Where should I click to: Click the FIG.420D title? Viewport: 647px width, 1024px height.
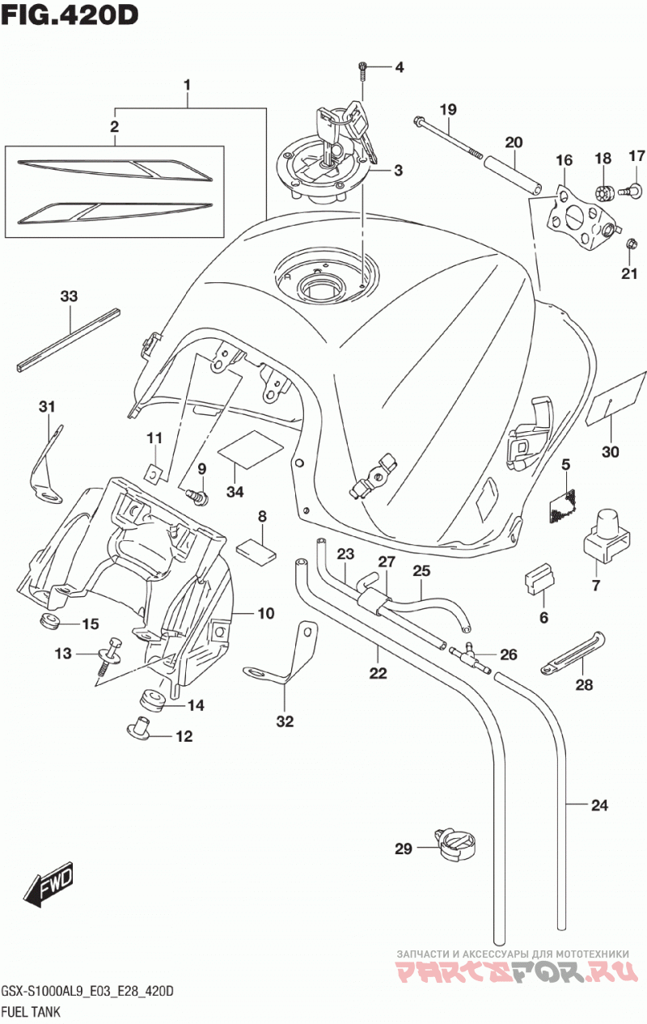tap(69, 15)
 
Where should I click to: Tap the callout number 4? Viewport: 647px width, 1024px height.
tap(400, 68)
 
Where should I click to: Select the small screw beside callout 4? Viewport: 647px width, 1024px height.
tap(362, 69)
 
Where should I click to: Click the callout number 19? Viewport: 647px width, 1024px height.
tap(449, 110)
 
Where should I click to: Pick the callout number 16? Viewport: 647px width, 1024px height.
tap(565, 160)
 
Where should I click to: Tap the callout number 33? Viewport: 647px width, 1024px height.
tap(69, 296)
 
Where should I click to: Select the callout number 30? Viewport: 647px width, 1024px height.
tap(610, 452)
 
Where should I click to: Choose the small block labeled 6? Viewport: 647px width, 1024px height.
tap(539, 578)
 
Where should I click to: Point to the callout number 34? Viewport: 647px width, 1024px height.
tap(235, 493)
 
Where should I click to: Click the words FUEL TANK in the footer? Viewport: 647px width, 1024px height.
tap(31, 1011)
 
